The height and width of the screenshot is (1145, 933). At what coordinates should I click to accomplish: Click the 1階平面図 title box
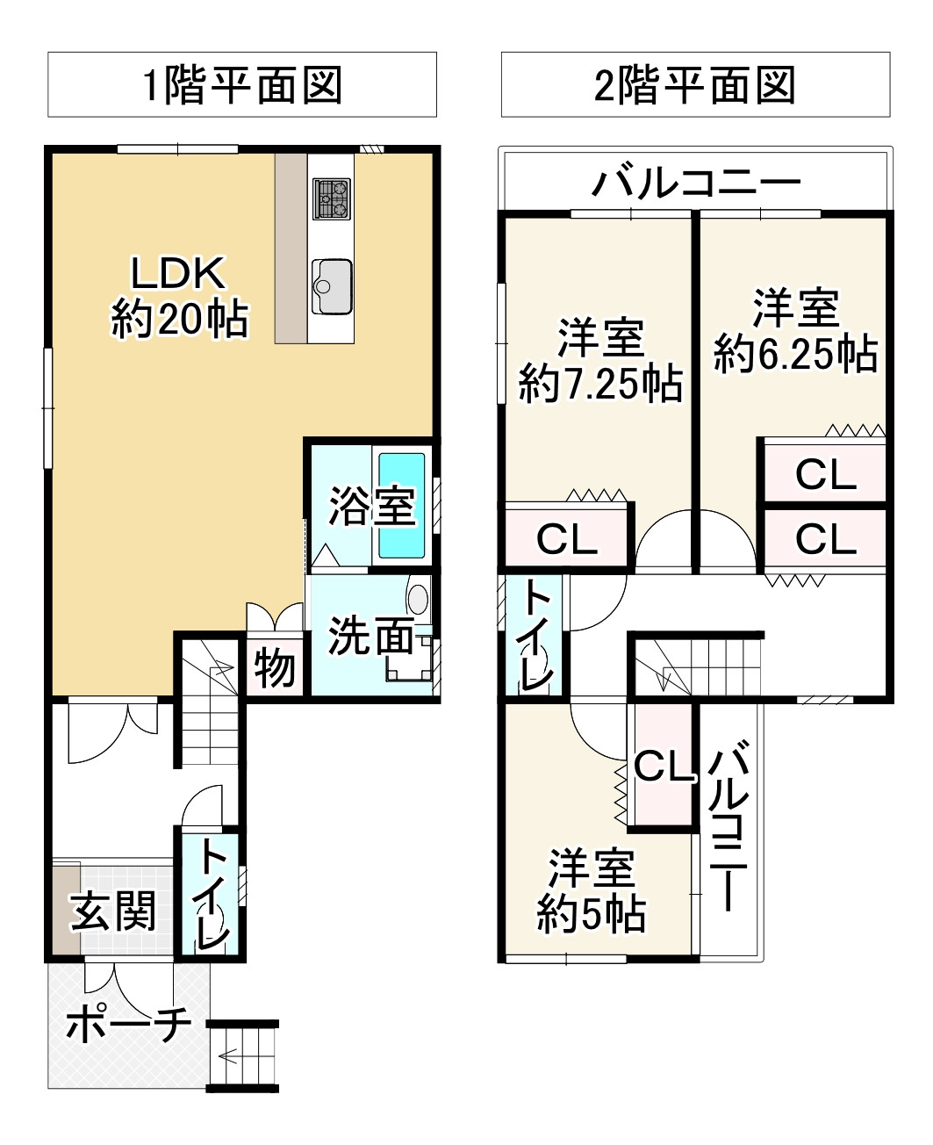[242, 84]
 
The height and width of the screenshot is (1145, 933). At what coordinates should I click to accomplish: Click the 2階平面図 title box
[695, 84]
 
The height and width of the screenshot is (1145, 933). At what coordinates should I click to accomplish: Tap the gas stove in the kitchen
[331, 198]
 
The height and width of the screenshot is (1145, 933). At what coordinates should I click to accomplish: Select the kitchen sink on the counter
[332, 286]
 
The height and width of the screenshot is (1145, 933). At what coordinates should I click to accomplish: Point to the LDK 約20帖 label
[180, 297]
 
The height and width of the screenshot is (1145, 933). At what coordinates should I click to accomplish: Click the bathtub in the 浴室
[402, 506]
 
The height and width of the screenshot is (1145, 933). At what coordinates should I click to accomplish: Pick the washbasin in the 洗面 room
[418, 598]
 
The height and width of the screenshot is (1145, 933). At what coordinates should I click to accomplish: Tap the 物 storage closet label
[275, 669]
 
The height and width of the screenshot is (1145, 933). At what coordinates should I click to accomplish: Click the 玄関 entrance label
[113, 911]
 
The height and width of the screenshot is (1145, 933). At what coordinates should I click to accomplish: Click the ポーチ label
[129, 1023]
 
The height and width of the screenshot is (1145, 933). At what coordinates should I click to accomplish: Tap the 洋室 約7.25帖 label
[600, 361]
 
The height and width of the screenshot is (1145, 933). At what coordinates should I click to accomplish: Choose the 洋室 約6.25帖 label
[796, 331]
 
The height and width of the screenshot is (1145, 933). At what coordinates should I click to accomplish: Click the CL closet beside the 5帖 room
[663, 765]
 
